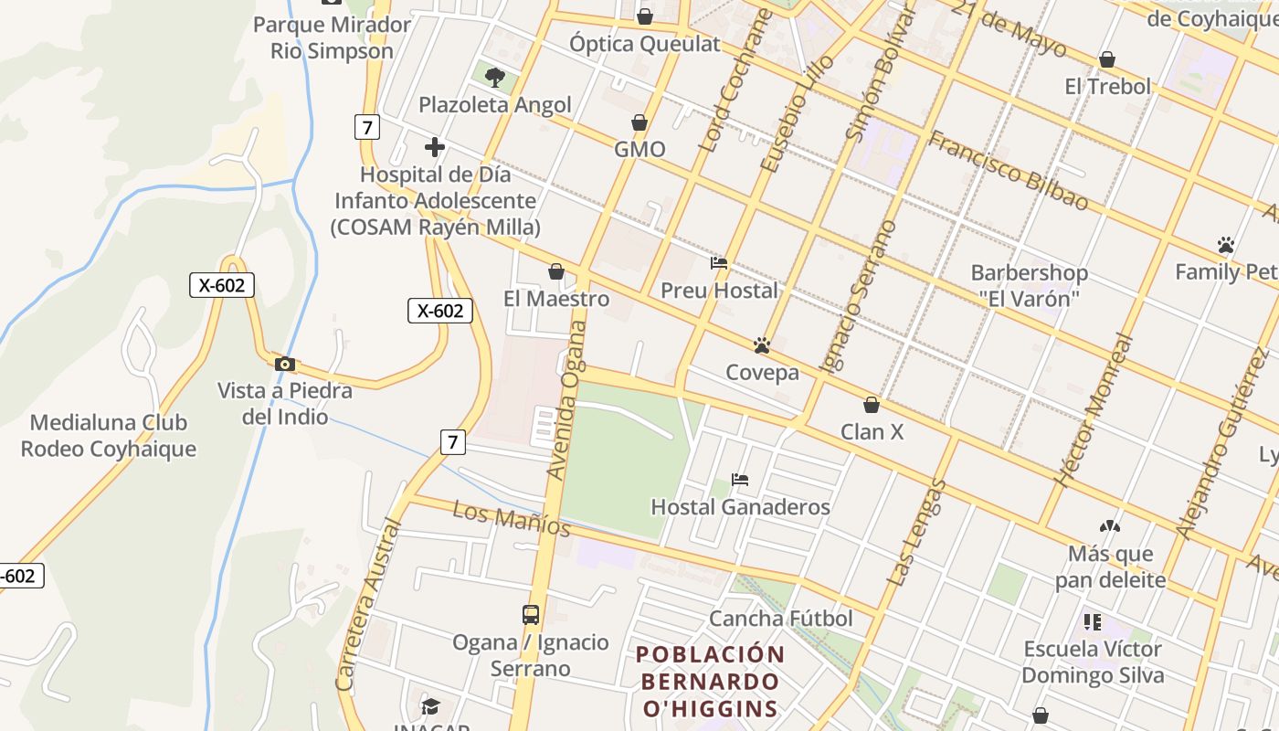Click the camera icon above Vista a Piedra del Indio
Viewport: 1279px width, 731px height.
[284, 364]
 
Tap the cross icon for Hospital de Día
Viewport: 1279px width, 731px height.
[435, 146]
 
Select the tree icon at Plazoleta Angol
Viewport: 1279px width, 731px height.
[494, 77]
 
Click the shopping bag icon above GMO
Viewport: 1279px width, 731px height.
[639, 122]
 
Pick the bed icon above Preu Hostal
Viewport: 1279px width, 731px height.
[719, 264]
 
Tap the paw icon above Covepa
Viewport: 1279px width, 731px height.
[762, 345]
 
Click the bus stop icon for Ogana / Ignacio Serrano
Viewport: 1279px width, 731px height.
[531, 615]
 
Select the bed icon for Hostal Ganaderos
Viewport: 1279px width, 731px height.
[740, 480]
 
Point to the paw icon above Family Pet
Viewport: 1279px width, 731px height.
[1225, 245]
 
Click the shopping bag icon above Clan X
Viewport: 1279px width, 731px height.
[872, 405]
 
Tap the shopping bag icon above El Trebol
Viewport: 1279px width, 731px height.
[1107, 60]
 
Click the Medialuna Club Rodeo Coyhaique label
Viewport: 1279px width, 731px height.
[109, 436]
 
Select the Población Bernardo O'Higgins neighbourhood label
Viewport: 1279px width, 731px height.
[711, 681]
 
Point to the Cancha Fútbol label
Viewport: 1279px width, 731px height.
[781, 619]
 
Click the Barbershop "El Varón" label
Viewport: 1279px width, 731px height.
[1030, 285]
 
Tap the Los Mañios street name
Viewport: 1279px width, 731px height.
[512, 519]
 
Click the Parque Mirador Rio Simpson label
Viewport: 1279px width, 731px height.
[333, 37]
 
